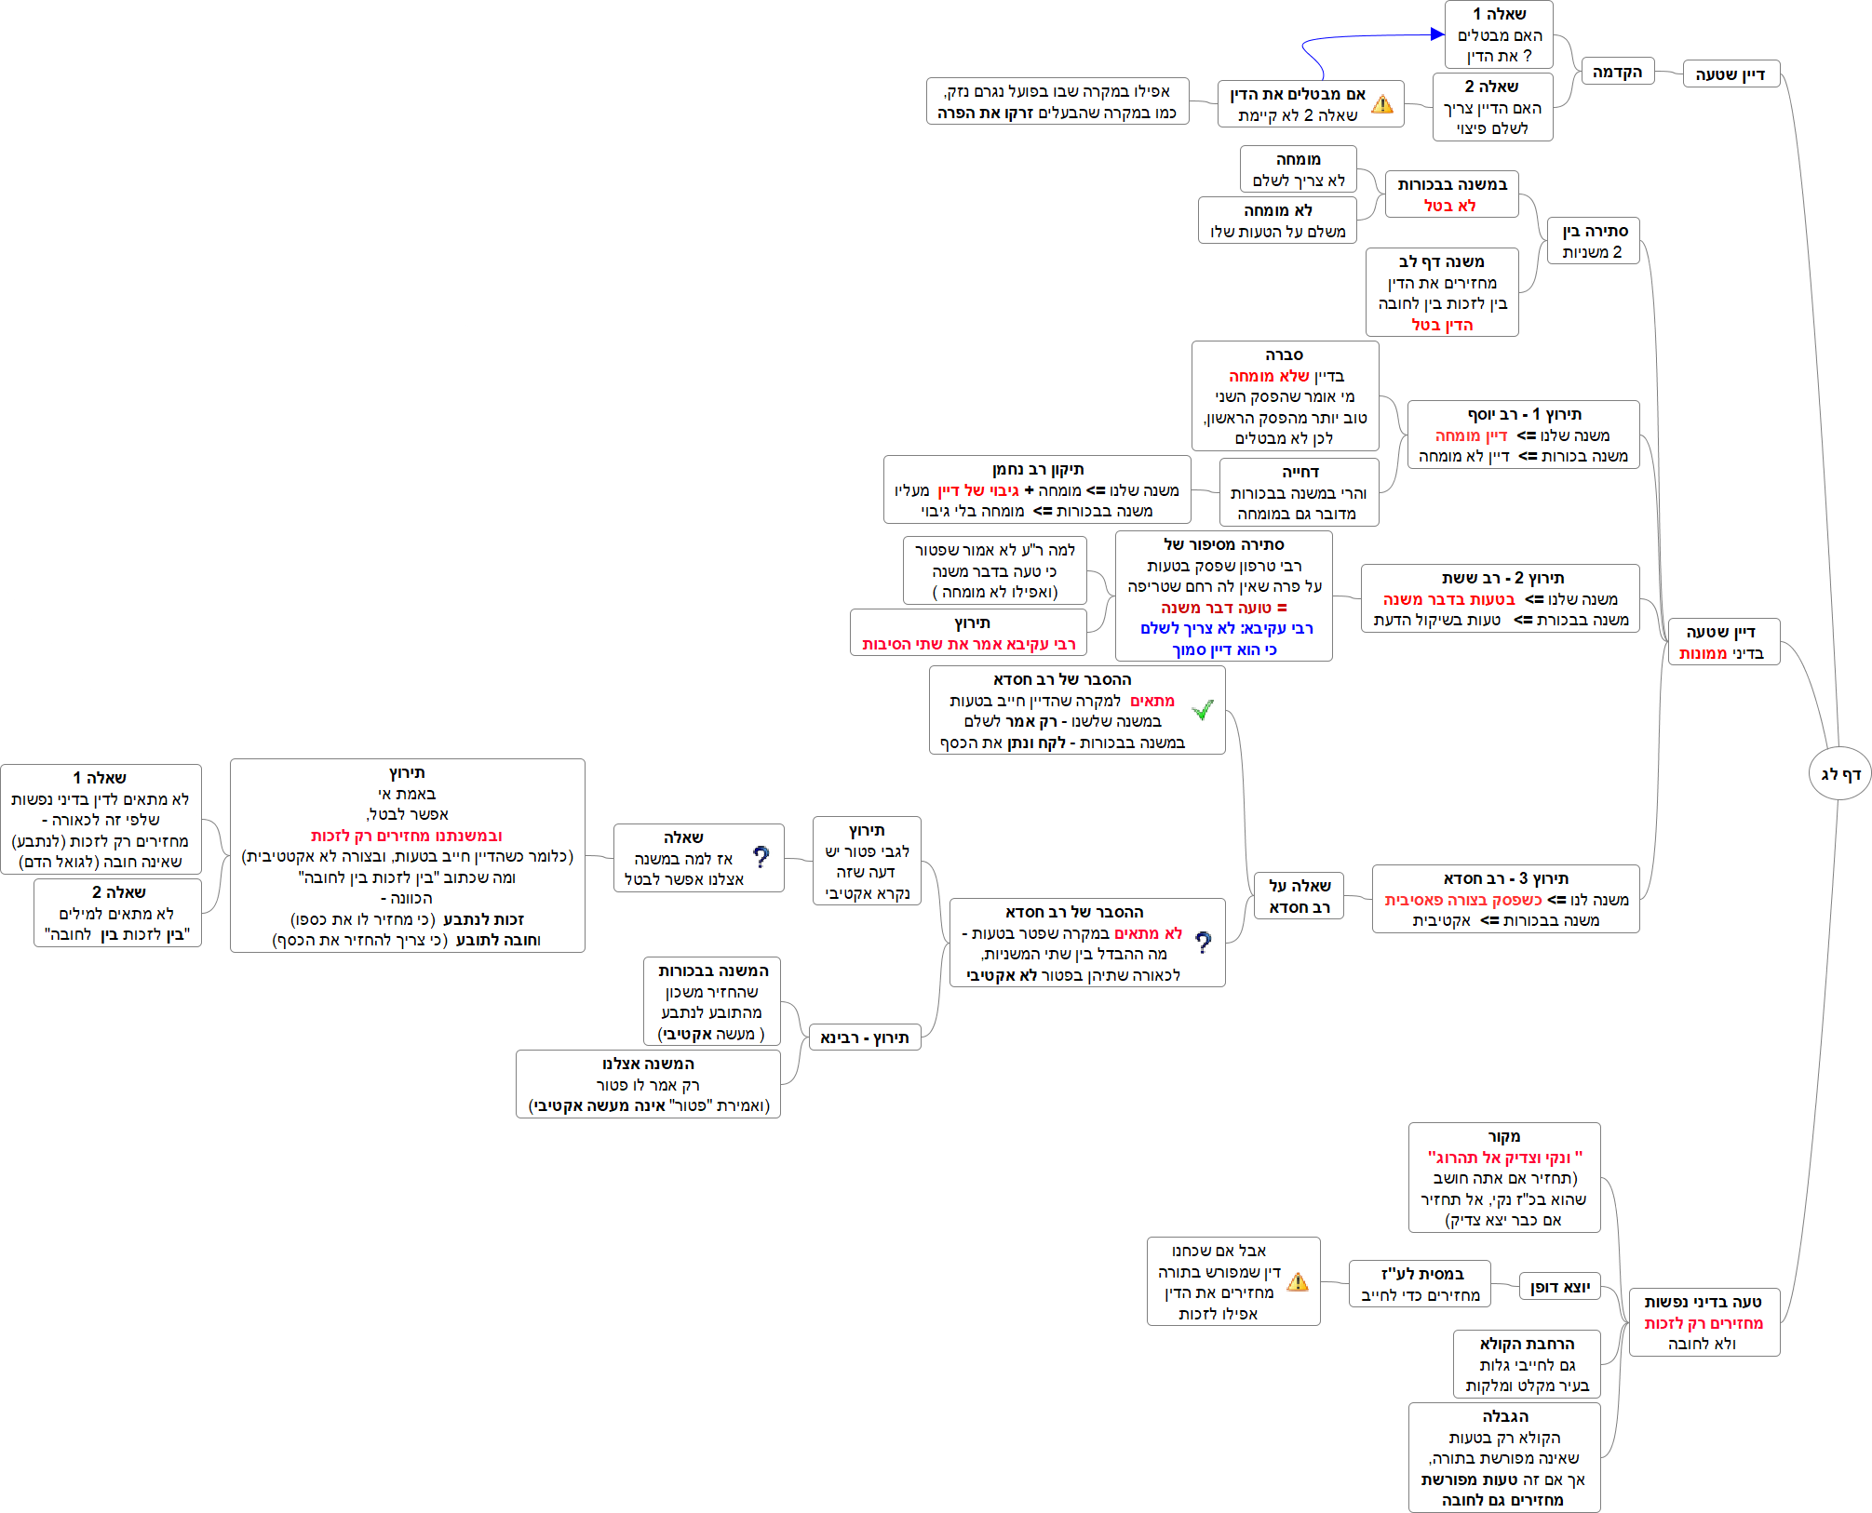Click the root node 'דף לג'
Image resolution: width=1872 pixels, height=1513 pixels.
pyautogui.click(x=1839, y=773)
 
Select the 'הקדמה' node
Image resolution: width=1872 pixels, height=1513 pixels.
pyautogui.click(x=1617, y=72)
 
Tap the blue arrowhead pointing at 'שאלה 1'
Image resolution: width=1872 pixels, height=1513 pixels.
pyautogui.click(x=1437, y=34)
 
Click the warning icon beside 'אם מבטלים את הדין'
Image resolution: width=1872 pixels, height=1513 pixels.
pyautogui.click(x=1382, y=104)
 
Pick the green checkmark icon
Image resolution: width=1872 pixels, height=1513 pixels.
pyautogui.click(x=1203, y=710)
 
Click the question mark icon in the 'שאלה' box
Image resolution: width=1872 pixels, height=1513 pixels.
pyautogui.click(x=761, y=857)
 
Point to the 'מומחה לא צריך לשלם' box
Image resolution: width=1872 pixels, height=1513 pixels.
pyautogui.click(x=1298, y=169)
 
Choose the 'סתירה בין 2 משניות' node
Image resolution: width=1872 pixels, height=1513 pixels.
pyautogui.click(x=1593, y=241)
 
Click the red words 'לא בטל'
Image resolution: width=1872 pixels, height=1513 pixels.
pyautogui.click(x=1449, y=206)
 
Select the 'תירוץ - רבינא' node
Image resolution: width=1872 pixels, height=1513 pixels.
pyautogui.click(x=864, y=1038)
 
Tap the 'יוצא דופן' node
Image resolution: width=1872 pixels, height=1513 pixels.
pyautogui.click(x=1559, y=1287)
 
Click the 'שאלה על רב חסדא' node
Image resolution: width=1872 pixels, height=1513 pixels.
pyautogui.click(x=1299, y=896)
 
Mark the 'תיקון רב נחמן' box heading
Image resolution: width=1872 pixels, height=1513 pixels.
pyautogui.click(x=1037, y=470)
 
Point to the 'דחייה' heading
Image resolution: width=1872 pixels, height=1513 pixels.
pyautogui.click(x=1300, y=473)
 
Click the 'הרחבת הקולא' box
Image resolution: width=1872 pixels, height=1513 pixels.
pyautogui.click(x=1527, y=1364)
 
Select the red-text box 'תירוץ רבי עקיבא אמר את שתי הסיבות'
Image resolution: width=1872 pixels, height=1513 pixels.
pyautogui.click(x=968, y=633)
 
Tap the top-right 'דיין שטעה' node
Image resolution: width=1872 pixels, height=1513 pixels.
pyautogui.click(x=1731, y=74)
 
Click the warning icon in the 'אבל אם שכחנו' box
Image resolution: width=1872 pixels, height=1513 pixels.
pyautogui.click(x=1298, y=1282)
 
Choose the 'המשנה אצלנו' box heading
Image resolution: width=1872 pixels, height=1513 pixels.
pyautogui.click(x=648, y=1064)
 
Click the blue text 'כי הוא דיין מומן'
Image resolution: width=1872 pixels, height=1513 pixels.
pyautogui.click(x=1223, y=649)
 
